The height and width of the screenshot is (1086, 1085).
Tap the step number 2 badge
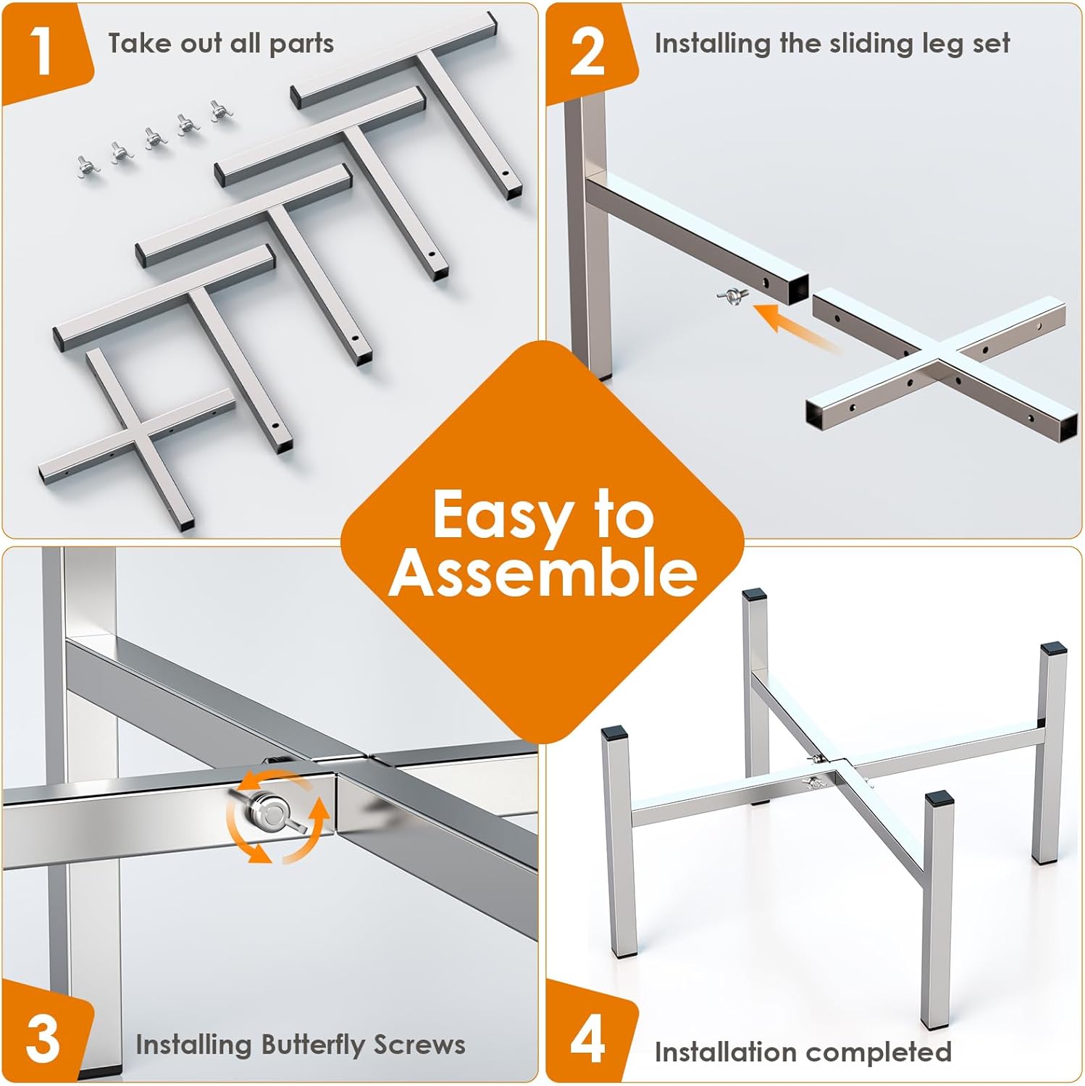coord(587,52)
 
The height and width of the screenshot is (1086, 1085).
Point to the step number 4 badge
coord(587,1040)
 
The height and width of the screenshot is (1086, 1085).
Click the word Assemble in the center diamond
coord(542,573)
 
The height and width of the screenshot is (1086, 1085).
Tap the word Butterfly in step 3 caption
coord(313,1045)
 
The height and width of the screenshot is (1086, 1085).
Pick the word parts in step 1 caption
coord(301,44)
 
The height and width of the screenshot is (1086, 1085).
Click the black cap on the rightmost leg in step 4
coord(1052,650)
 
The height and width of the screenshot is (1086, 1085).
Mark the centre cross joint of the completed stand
coord(839,771)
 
